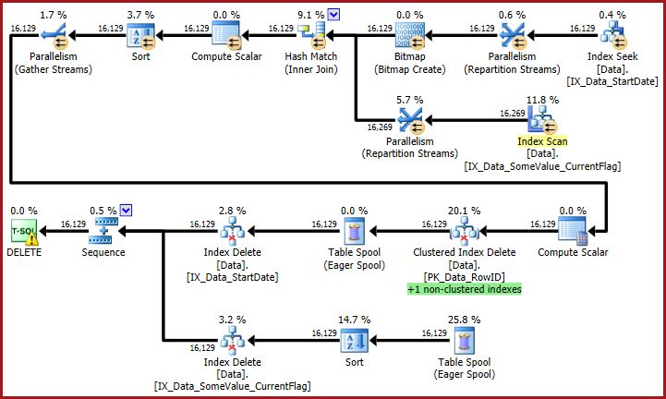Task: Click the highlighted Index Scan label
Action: tap(542, 141)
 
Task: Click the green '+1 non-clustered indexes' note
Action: tap(464, 289)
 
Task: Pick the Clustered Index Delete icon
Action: tap(451, 233)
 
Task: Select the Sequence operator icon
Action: tap(106, 232)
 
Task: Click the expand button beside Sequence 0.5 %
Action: tap(127, 210)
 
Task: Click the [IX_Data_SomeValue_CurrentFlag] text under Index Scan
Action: tap(542, 166)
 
